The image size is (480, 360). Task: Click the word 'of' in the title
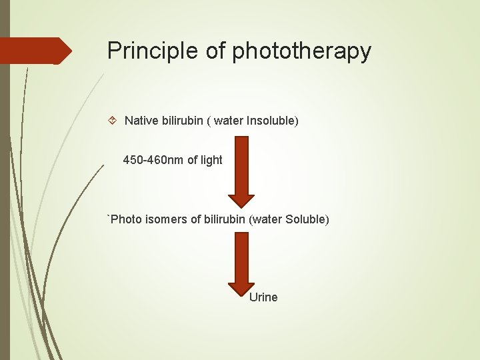coord(215,51)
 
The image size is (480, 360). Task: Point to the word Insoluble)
coord(273,121)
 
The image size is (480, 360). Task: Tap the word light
coord(210,160)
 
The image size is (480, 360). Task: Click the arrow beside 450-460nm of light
coord(241,170)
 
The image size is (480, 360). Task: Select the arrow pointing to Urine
coord(241,263)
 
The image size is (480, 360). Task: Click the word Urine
coord(263,297)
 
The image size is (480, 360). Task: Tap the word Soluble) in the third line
coord(307,219)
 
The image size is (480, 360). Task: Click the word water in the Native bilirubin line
coord(229,121)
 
